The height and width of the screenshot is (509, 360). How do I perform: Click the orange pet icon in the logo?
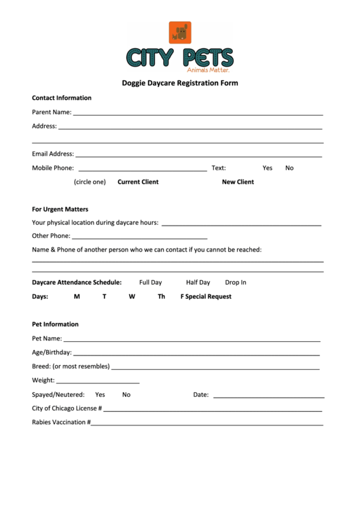pyautogui.click(x=180, y=33)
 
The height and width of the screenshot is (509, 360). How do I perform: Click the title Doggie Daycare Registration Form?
pyautogui.click(x=180, y=83)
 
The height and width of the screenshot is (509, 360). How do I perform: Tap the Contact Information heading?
pyautogui.click(x=62, y=98)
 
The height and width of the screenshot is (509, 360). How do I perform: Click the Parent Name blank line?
pyautogui.click(x=198, y=113)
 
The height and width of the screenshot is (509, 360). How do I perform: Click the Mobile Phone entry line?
pyautogui.click(x=143, y=169)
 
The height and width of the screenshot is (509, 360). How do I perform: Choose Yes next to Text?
pyautogui.click(x=267, y=168)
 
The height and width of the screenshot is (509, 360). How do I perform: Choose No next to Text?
pyautogui.click(x=289, y=168)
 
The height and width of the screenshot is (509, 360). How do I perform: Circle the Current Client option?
pyautogui.click(x=138, y=182)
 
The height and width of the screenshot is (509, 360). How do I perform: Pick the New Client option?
pyautogui.click(x=238, y=182)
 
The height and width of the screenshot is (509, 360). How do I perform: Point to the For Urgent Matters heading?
pyautogui.click(x=60, y=209)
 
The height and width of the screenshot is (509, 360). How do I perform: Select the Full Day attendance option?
pyautogui.click(x=151, y=283)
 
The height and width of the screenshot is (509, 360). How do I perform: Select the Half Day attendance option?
pyautogui.click(x=198, y=283)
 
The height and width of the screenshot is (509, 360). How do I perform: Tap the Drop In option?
pyautogui.click(x=236, y=283)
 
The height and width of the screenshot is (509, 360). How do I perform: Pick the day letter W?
pyautogui.click(x=132, y=297)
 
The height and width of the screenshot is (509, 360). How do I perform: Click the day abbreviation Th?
pyautogui.click(x=162, y=297)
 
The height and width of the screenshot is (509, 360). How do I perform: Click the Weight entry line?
pyautogui.click(x=98, y=383)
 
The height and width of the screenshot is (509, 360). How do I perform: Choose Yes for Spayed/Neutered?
pyautogui.click(x=100, y=395)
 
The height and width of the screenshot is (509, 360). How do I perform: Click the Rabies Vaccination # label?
pyautogui.click(x=60, y=423)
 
